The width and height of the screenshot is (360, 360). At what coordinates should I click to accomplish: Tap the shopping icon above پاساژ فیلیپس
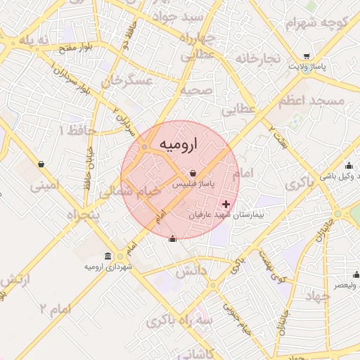tap(193, 173)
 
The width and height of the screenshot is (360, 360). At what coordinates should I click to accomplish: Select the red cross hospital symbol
tap(225, 203)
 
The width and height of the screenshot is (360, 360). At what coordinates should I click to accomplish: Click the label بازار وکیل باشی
tap(329, 178)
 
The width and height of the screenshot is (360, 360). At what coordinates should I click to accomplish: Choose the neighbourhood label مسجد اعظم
tap(311, 102)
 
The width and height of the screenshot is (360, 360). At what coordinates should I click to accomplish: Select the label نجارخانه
tap(257, 58)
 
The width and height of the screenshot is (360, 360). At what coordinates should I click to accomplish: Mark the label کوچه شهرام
tap(316, 22)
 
